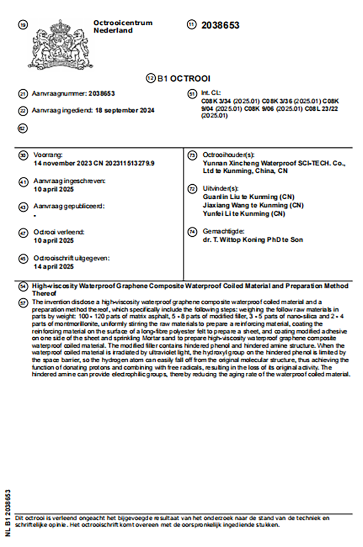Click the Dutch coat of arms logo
tap(60, 44)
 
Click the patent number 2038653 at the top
tap(220, 25)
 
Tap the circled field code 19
tap(23, 25)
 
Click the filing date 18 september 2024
tap(125, 110)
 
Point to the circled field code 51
tap(192, 94)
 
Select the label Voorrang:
tap(48, 155)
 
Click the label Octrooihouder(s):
tap(229, 155)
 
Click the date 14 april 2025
tap(54, 266)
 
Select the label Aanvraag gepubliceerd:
tap(69, 206)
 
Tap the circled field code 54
tap(23, 287)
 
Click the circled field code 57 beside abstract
tap(23, 303)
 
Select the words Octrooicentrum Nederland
tap(123, 27)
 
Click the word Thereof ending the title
tap(44, 293)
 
